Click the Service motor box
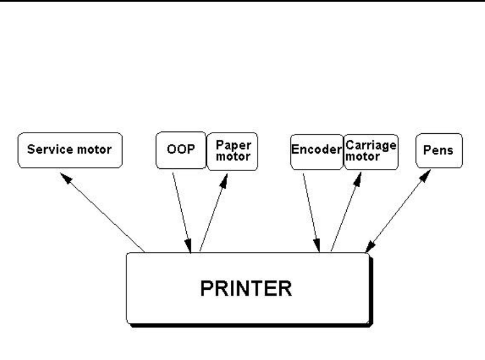coord(70,150)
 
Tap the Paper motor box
coord(232,150)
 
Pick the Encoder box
coord(316,150)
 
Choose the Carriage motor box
coord(371,150)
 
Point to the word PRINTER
coord(246,289)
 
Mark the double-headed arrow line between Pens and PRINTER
coord(397,211)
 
